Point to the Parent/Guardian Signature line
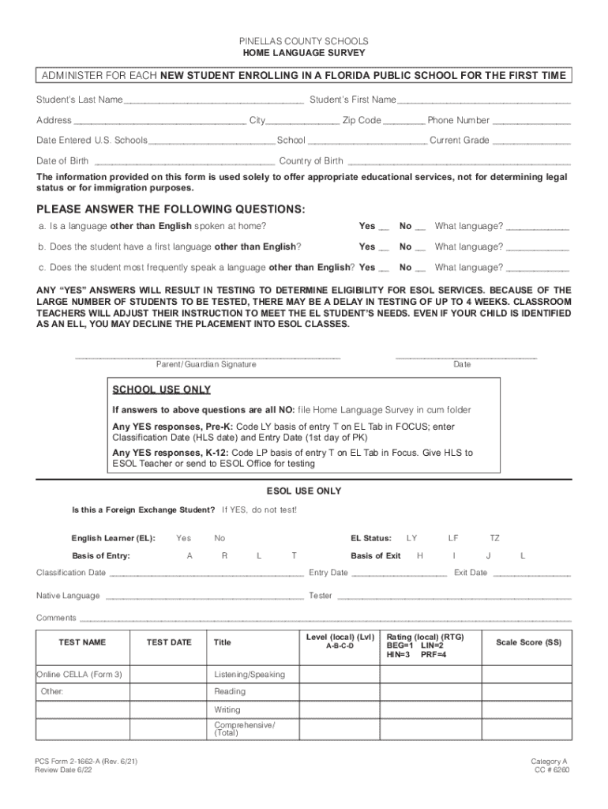coord(207,356)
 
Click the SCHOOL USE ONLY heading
coord(162,389)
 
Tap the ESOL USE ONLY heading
coord(304,491)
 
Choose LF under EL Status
coord(453,538)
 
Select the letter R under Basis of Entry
coord(224,555)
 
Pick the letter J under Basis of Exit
coord(489,555)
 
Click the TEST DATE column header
coord(169,642)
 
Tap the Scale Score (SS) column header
coord(528,642)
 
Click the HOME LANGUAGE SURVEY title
coord(304,52)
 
